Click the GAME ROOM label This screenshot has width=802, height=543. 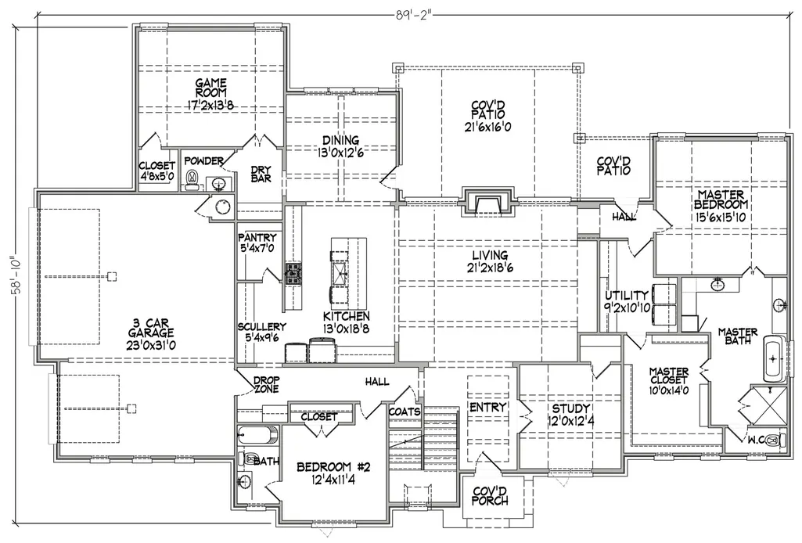[210, 88]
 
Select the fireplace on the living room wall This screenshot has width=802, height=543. [488, 203]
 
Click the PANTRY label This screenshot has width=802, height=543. [257, 238]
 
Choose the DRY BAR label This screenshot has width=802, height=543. [261, 174]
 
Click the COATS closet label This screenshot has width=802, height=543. [405, 412]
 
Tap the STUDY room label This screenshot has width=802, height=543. [571, 408]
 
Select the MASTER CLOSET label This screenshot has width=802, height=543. [669, 376]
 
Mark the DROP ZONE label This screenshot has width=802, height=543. [267, 384]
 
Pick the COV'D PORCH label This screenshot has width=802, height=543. [490, 496]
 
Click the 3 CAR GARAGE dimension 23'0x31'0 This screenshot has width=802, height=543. [151, 345]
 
